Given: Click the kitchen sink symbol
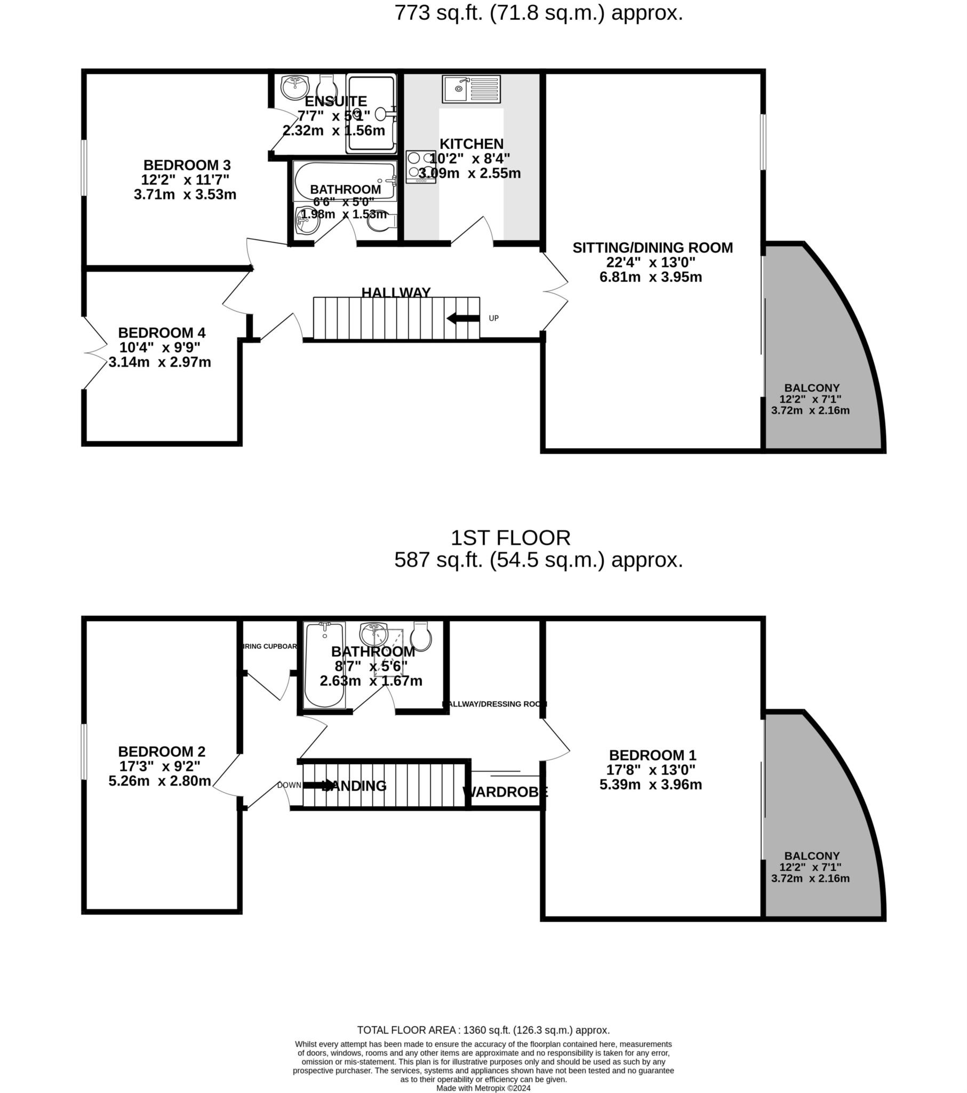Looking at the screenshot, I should click(471, 89).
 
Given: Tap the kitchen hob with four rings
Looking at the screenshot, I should click(421, 167).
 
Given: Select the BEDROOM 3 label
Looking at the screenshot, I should click(187, 165).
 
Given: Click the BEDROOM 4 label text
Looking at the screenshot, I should click(162, 332).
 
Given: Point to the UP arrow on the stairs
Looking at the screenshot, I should click(463, 319).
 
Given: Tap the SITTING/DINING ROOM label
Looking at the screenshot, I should click(652, 248).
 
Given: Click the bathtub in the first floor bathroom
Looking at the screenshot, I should click(324, 664).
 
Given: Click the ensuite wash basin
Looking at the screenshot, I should click(295, 87).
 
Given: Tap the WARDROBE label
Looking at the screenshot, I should click(505, 792).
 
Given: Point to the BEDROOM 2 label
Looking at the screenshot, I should click(162, 751).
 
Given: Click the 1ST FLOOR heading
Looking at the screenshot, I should click(510, 537).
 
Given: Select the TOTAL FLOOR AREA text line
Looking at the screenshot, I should click(483, 1030).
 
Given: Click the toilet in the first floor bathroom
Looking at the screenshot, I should click(421, 636).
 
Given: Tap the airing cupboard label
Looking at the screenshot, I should click(269, 646).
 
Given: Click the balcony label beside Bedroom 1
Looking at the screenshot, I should click(811, 856).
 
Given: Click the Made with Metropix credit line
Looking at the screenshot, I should click(483, 1088).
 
